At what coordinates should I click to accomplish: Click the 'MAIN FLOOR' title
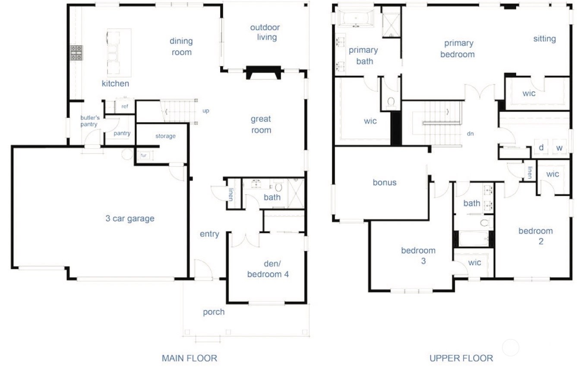click(x=189, y=358)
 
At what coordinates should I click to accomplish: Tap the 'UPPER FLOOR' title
click(x=461, y=358)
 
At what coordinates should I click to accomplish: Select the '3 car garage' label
click(x=130, y=219)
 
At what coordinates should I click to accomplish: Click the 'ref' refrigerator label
click(x=125, y=106)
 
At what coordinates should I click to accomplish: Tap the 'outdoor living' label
click(x=265, y=32)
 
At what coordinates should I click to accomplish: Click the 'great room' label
click(x=261, y=124)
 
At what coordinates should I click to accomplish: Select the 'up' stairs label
click(x=206, y=111)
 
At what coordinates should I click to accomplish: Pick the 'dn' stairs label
click(x=470, y=134)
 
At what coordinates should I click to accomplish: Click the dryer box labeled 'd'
click(x=541, y=148)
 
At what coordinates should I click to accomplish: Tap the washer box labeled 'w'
click(x=559, y=148)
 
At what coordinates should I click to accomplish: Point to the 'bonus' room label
click(x=385, y=183)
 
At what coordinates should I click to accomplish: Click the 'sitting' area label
click(x=544, y=39)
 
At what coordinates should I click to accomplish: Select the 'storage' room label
click(x=165, y=136)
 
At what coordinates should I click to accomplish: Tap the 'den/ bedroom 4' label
click(x=268, y=269)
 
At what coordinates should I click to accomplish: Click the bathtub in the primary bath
click(x=357, y=18)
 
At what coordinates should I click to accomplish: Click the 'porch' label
click(x=214, y=312)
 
